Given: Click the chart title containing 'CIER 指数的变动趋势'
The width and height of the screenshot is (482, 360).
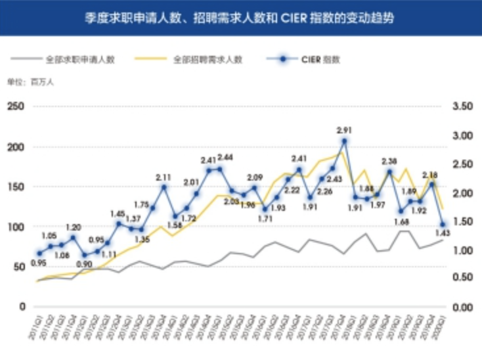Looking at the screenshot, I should [240, 17].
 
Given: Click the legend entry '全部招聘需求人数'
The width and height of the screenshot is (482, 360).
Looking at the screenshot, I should [208, 59].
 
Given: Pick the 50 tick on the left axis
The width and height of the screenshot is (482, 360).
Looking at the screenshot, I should [17, 267].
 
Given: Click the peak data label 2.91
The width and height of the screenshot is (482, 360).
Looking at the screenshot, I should [344, 129].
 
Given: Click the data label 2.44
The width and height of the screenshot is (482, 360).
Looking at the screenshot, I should [225, 157].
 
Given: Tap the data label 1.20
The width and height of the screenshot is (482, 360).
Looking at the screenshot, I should [73, 227].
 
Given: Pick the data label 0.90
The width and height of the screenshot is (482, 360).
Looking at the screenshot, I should [84, 264].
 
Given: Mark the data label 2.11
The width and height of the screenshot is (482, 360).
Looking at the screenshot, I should [164, 177].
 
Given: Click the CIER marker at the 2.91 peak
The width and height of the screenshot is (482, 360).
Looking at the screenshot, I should [344, 141].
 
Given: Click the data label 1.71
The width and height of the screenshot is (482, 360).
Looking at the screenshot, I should [265, 219].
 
